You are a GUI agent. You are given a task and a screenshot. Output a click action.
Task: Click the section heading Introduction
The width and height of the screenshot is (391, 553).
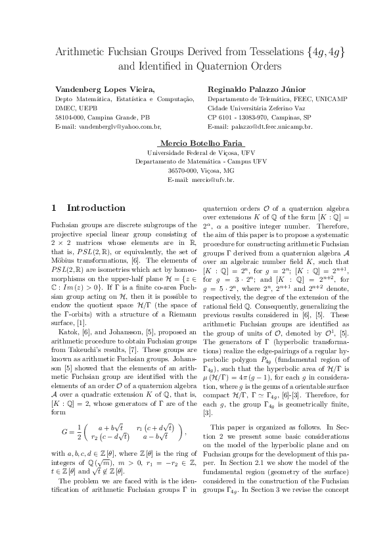tap(96, 208)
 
